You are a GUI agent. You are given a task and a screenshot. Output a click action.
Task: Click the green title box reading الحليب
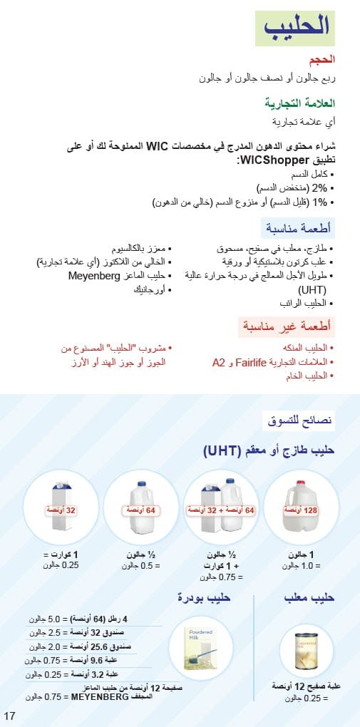click(295, 28)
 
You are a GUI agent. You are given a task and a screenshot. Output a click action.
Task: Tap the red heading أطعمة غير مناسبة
click(286, 328)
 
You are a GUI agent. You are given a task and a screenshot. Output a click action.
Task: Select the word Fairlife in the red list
click(257, 362)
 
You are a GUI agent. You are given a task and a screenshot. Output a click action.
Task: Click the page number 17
click(9, 716)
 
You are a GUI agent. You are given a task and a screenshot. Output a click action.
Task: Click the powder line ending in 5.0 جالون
click(80, 619)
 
